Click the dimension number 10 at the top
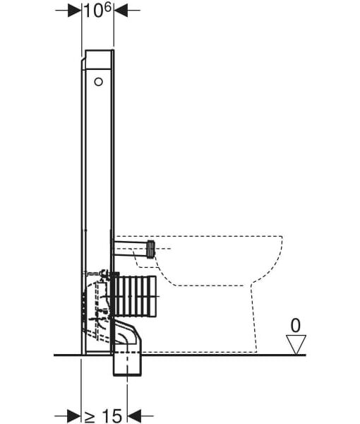point(93,11)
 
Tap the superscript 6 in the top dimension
point(107,7)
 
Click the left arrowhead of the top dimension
point(75,11)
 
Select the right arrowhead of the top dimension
point(121,11)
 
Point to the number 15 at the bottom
point(112,416)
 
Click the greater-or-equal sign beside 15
point(90,417)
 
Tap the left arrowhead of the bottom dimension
point(74,416)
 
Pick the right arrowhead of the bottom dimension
point(134,416)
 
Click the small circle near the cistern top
point(99,82)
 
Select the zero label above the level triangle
point(296,326)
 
